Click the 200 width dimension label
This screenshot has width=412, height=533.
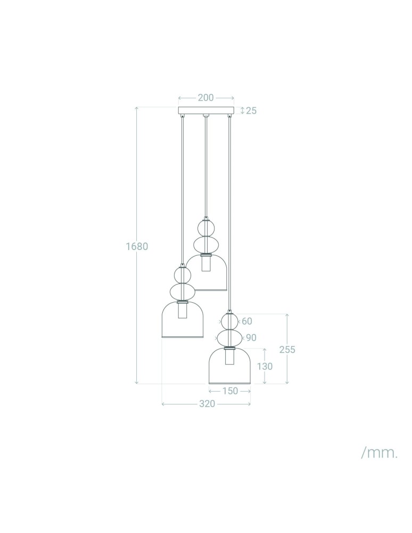coord(205,98)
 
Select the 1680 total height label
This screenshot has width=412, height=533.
coord(137,247)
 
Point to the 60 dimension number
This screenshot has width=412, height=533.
coord(246,321)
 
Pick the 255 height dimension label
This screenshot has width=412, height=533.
coord(287,350)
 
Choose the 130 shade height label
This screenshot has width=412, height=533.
coord(265,367)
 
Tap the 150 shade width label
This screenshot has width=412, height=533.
coord(230,391)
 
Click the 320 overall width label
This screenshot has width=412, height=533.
coord(207,404)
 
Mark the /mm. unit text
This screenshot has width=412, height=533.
coord(380,453)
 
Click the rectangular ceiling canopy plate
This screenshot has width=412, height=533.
coord(205,111)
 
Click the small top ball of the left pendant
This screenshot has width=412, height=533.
coord(183,275)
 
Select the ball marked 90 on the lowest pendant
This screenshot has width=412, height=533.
coord(229,338)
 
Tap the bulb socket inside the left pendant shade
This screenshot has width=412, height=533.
coord(183,311)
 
